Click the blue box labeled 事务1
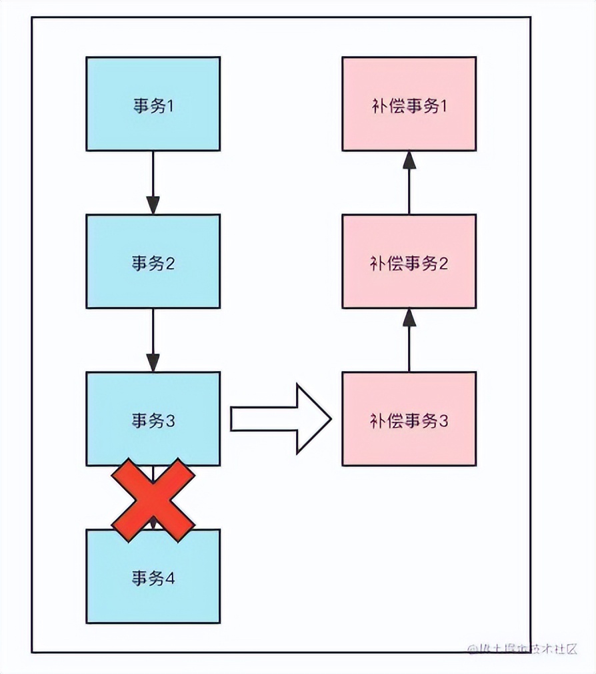pos(153,103)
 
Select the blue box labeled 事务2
pos(153,261)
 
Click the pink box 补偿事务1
pos(409,103)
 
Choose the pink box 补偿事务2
pos(409,261)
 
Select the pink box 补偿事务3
pos(409,418)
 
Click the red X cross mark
pos(153,500)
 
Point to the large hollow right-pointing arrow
pos(281,418)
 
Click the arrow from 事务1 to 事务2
pos(153,182)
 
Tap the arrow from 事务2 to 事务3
pos(153,340)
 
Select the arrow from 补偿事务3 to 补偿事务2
pos(409,340)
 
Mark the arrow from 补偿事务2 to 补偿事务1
pos(409,182)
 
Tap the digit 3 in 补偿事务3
pos(443,421)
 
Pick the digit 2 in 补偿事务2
pos(443,264)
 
